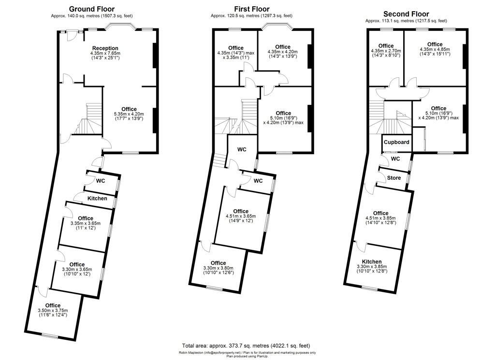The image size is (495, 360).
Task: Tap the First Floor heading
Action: pyautogui.click(x=252, y=9)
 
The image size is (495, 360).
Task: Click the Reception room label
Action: pyautogui.click(x=105, y=48)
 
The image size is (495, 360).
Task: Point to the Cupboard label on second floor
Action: pyautogui.click(x=396, y=143)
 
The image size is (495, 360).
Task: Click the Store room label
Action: pyautogui.click(x=394, y=178)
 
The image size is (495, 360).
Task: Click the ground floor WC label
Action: pyautogui.click(x=101, y=181)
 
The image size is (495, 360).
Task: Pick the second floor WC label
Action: pyautogui.click(x=395, y=159)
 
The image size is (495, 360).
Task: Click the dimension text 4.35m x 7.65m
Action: pyautogui.click(x=105, y=54)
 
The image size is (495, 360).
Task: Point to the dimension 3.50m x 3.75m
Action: pyautogui.click(x=53, y=311)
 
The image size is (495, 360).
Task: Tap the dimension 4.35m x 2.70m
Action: pyautogui.click(x=386, y=52)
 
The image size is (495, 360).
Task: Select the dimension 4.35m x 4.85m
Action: pyautogui.click(x=435, y=50)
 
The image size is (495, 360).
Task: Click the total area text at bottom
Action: pyautogui.click(x=246, y=346)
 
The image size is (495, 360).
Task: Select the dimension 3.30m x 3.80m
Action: pyautogui.click(x=218, y=269)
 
